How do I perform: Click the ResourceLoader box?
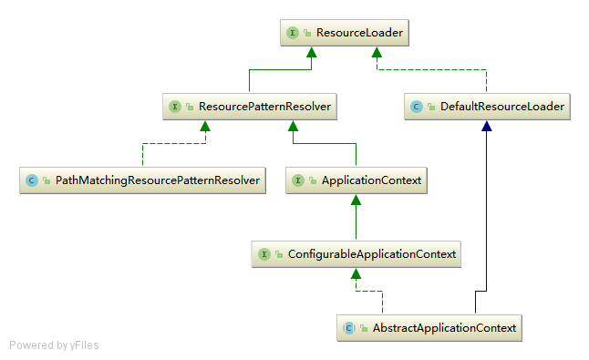pos(342,33)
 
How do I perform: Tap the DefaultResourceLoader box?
pos(487,107)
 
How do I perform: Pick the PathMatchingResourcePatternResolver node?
pos(143,180)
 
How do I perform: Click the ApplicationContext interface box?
pos(356,180)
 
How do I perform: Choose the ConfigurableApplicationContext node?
pos(356,253)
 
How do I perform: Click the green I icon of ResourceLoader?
pos(293,33)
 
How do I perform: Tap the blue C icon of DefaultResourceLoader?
pos(417,107)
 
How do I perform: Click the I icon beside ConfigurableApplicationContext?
pos(264,253)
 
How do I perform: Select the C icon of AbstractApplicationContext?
pos(348,327)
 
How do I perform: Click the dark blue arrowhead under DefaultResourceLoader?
pos(487,127)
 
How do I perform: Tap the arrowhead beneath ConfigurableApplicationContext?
pos(356,273)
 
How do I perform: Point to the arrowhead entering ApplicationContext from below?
pos(356,200)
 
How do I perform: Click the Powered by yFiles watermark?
pos(54,345)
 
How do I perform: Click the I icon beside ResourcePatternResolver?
pos(175,107)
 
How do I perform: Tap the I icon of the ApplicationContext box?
pos(298,180)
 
